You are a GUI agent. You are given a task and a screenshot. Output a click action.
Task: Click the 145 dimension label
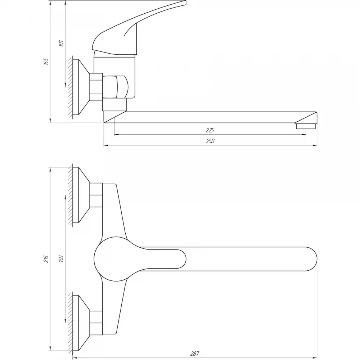46,61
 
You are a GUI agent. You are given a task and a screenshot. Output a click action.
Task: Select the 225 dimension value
210,130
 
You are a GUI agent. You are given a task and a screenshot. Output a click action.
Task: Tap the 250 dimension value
210,141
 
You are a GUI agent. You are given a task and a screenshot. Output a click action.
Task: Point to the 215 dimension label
46,259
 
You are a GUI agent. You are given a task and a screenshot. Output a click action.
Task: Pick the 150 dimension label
61,259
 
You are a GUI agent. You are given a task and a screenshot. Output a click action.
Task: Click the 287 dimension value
195,354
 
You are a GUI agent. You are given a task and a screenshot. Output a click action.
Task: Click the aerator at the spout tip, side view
306,126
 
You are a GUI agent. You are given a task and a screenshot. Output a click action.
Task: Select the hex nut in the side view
96,87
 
